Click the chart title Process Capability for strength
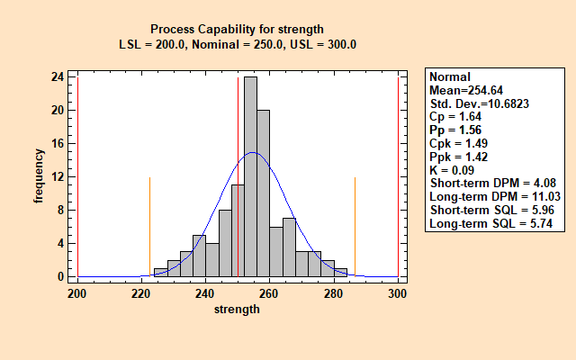237,28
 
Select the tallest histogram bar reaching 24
250,176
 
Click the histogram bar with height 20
263,193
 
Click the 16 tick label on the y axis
57,144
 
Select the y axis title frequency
39,177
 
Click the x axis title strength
238,309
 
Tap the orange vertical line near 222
149,225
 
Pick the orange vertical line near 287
355,225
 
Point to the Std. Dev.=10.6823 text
479,103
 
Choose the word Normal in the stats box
449,77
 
